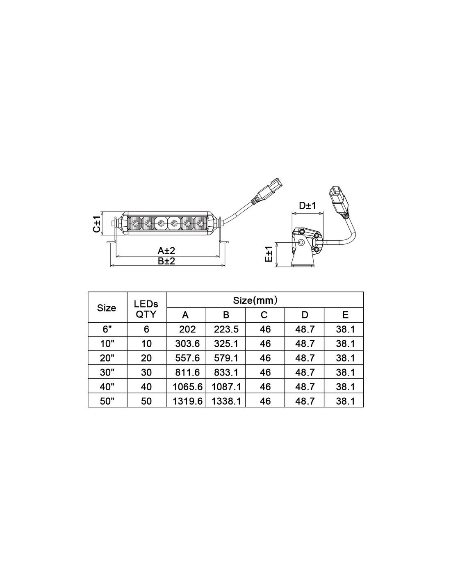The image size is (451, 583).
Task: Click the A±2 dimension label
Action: [x=166, y=251]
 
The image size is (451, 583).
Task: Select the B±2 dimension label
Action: [x=166, y=261]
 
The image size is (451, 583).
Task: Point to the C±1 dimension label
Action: [x=97, y=224]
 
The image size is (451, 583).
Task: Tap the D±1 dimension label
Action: [x=307, y=205]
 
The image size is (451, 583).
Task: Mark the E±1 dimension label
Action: [x=269, y=254]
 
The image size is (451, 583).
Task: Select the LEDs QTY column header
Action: [x=146, y=309]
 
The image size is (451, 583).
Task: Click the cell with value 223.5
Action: [x=226, y=329]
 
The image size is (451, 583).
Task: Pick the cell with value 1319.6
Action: [x=187, y=401]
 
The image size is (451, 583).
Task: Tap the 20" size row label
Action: [x=107, y=358]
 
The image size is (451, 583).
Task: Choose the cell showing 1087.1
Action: [x=226, y=387]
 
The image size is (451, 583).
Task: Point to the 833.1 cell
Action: [x=226, y=372]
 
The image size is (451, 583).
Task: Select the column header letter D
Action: [x=305, y=315]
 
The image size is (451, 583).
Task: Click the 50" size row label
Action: [x=107, y=401]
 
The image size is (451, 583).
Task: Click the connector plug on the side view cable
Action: [x=339, y=200]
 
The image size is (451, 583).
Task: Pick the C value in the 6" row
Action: [x=265, y=329]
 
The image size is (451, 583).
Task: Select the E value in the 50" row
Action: [x=345, y=401]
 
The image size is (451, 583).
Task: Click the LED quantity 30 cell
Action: [x=146, y=372]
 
